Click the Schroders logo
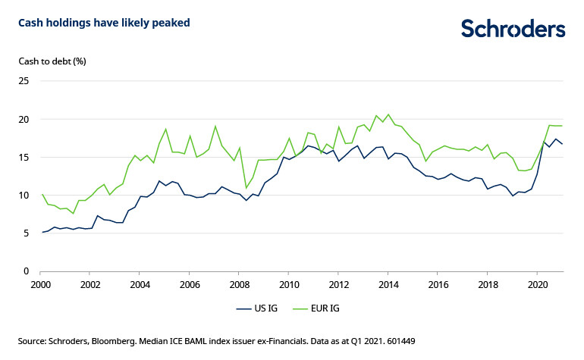pos(513,29)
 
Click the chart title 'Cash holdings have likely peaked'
pos(104,23)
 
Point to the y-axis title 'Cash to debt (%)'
pos(52,61)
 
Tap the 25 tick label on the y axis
pos(24,81)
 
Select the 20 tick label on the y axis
pos(24,119)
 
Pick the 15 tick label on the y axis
pos(24,157)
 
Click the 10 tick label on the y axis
pos(24,195)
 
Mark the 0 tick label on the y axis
pos(26,271)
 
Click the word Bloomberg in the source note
pos(139,341)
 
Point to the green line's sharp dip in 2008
pos(246,188)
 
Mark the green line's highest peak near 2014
pos(388,114)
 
